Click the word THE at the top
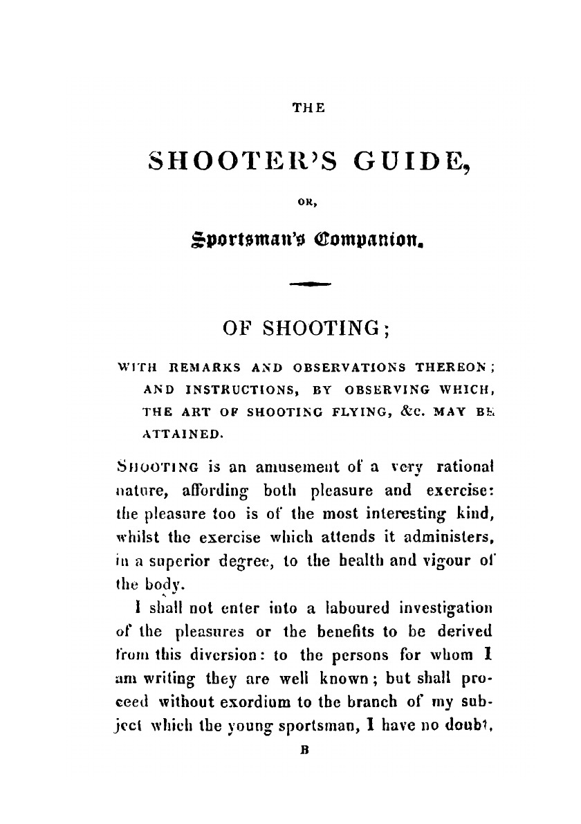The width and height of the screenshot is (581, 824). click(304, 109)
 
